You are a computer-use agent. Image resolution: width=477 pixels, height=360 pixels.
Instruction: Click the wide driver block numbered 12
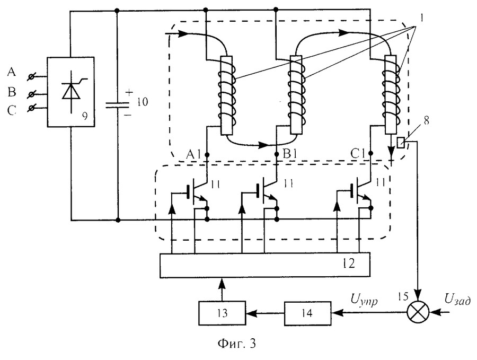click(x=265, y=265)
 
